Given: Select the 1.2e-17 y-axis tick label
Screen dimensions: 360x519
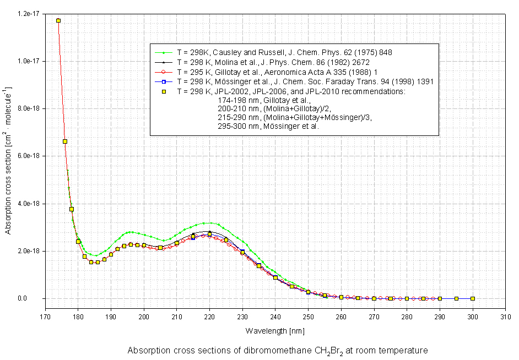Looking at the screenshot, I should pos(30,13).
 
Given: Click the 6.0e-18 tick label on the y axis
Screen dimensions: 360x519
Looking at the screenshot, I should pos(30,156).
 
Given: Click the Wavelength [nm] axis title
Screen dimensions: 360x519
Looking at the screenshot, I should pos(275,331).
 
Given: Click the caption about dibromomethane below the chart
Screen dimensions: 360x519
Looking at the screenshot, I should pos(277,350).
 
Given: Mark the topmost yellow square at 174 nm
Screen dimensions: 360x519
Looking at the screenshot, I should pos(58,20).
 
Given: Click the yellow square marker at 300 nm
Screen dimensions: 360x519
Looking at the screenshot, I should pos(473,298).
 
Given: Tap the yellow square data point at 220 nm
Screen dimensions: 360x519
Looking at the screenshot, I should pos(209,234).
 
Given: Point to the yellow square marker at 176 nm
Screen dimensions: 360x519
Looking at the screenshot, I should pos(65,141).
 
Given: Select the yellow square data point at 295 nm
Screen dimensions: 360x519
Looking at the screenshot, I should pos(456,298).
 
